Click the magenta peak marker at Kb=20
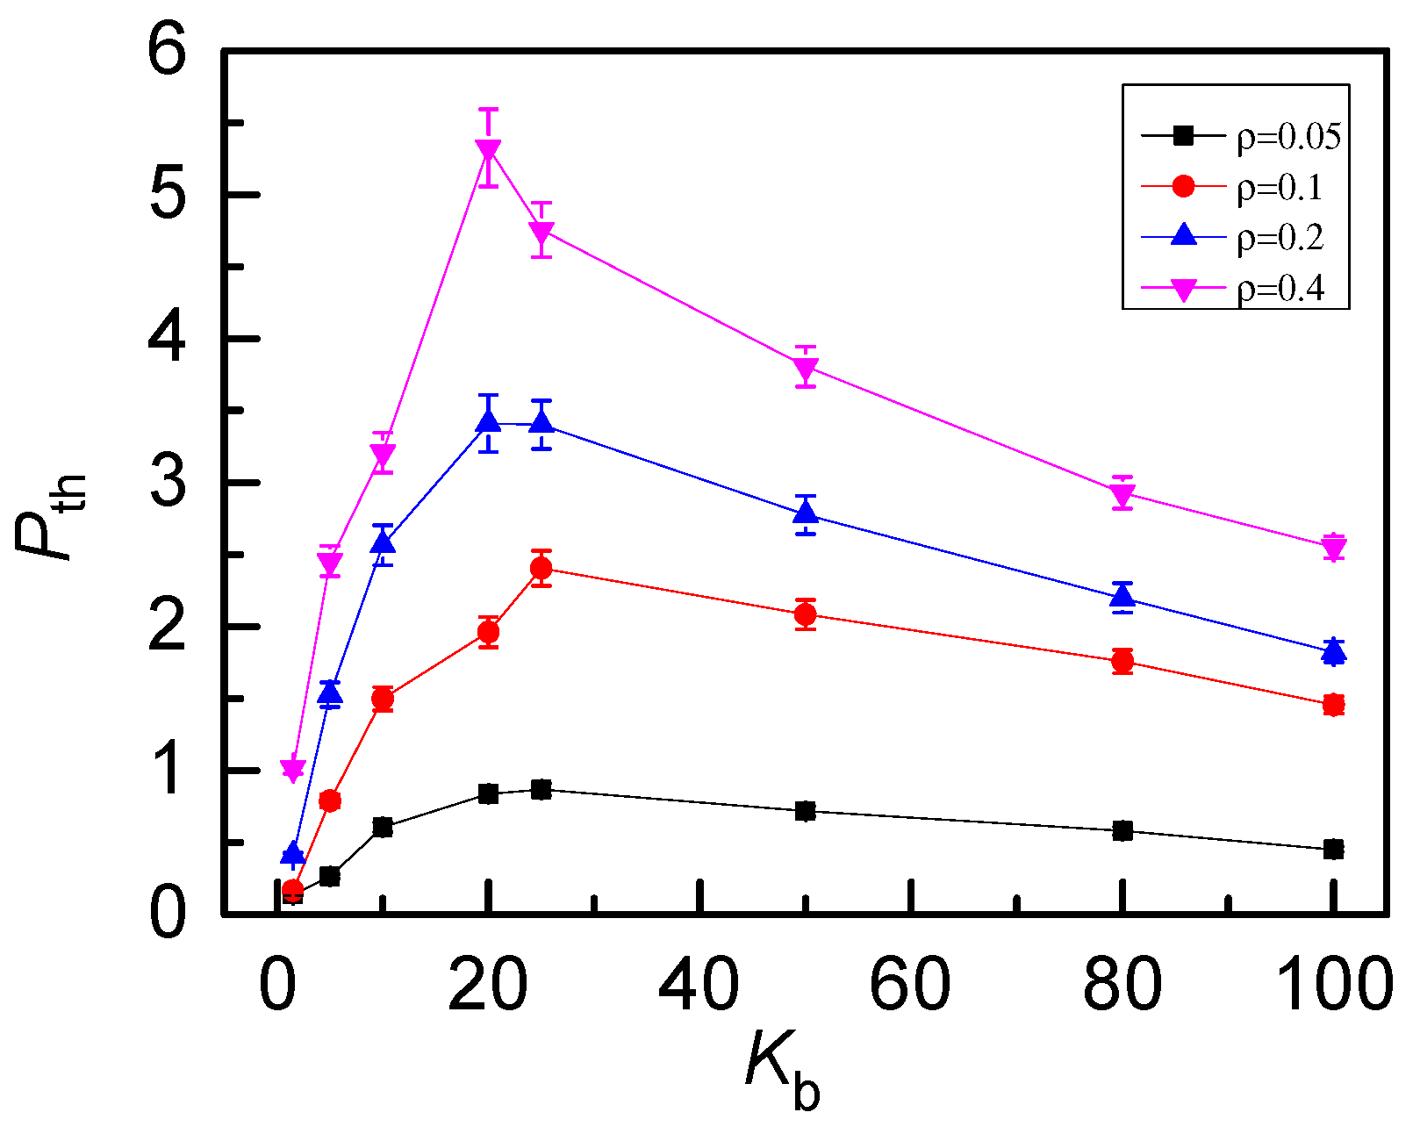tap(489, 150)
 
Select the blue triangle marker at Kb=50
tap(806, 513)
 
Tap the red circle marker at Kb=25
tap(541, 569)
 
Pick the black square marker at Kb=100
tap(1333, 849)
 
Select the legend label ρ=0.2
tap(1280, 238)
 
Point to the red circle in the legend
tap(1183, 186)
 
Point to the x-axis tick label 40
tap(699, 985)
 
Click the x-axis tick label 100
tap(1333, 985)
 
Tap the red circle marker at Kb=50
tap(806, 614)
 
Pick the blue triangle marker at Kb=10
tap(383, 542)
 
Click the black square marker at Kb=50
tap(806, 811)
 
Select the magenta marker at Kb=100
tap(1333, 549)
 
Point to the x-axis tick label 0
tap(277, 985)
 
